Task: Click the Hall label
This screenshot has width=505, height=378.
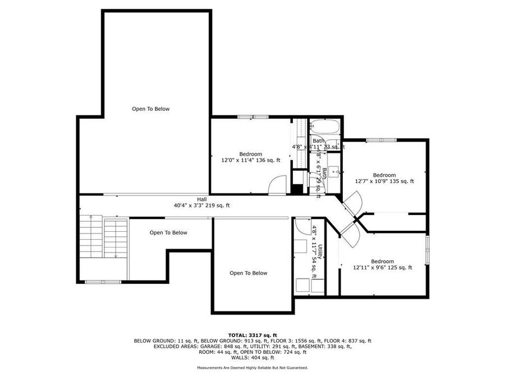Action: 201,199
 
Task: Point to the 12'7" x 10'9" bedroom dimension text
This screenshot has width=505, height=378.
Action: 384,181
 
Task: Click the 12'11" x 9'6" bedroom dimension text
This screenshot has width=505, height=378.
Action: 383,268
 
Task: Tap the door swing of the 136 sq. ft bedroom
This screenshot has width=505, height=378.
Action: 277,185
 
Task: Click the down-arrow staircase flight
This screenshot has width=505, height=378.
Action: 116,238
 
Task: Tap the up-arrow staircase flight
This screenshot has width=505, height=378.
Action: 91,238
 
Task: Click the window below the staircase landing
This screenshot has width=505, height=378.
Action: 103,282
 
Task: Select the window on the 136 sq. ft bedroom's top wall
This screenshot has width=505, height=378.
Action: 252,117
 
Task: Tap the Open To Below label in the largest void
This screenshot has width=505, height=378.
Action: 150,109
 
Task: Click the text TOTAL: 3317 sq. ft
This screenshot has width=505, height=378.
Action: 252,334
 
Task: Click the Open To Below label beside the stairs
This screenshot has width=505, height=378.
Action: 168,232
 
